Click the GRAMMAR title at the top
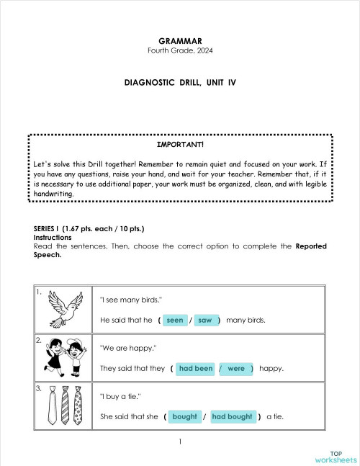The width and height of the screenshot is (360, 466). [179, 40]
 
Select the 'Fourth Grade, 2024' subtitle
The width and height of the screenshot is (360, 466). [179, 50]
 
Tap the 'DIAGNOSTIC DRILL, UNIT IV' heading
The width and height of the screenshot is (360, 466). [179, 83]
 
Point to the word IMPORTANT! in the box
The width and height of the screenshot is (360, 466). [179, 145]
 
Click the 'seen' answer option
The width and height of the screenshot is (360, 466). [174, 320]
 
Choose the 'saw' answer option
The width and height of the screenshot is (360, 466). [204, 320]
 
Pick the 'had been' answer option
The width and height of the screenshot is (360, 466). [195, 368]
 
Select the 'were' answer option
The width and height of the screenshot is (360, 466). [236, 368]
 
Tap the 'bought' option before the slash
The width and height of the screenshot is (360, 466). [185, 416]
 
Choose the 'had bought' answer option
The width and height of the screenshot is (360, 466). [232, 416]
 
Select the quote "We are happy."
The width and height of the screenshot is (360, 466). [128, 348]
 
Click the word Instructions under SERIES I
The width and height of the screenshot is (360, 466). [53, 237]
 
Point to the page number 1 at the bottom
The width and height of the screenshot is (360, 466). [180, 442]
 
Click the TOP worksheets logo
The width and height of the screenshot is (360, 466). [335, 457]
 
